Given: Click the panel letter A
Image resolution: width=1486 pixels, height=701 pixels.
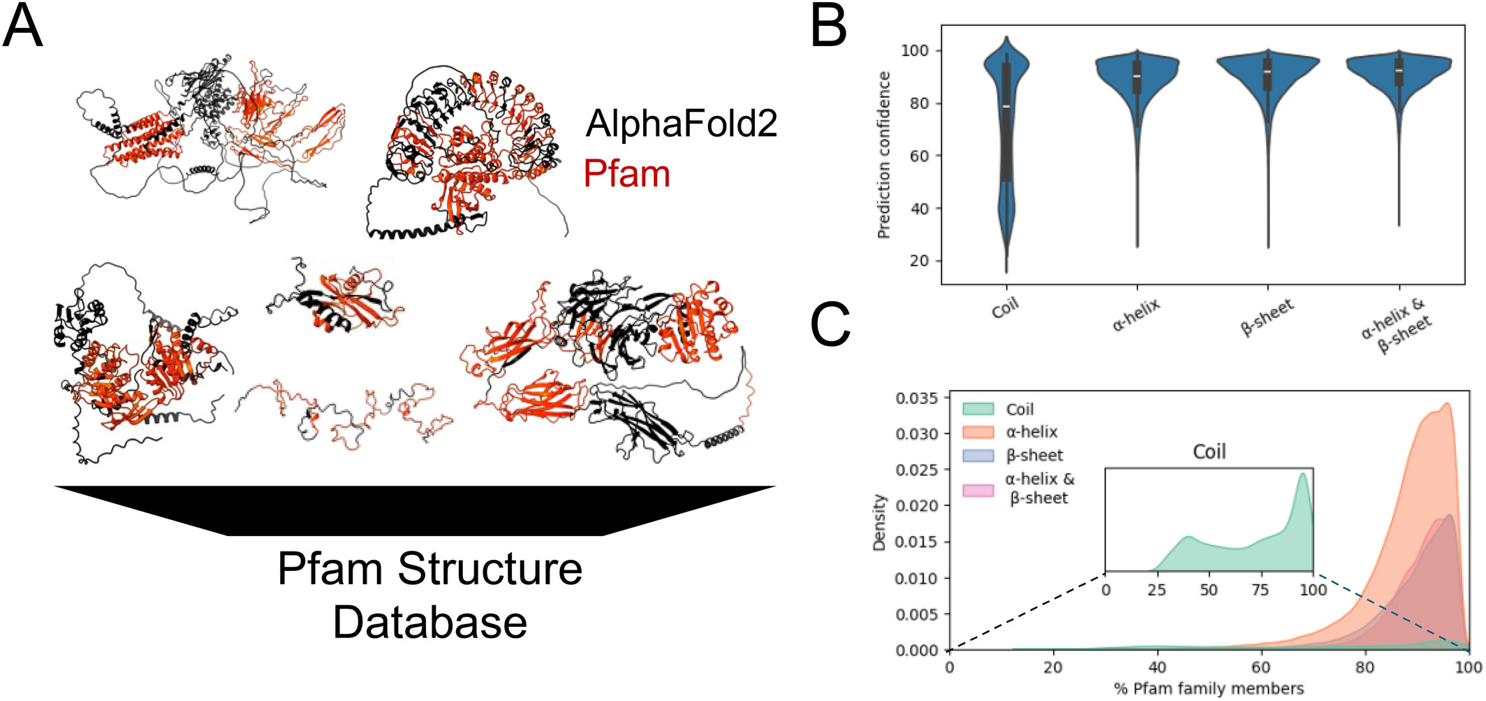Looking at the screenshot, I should click(22, 27).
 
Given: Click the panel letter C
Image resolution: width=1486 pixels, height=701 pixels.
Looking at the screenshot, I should click(830, 324).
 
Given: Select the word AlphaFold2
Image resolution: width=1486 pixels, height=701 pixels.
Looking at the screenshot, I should click(681, 124).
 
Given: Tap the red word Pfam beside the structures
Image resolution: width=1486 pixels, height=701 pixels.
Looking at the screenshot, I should click(626, 173).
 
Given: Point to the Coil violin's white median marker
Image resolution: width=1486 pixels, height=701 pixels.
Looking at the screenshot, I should click(1006, 106).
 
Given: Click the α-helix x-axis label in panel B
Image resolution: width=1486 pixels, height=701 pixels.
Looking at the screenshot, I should click(1136, 314).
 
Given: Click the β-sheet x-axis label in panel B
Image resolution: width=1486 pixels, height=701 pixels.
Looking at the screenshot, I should click(1267, 317).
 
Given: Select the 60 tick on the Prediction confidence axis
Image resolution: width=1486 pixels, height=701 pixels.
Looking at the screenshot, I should click(920, 156).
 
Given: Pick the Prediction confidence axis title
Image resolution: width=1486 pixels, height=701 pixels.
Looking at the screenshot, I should click(884, 155).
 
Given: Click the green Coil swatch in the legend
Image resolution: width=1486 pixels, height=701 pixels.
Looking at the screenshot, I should click(978, 409).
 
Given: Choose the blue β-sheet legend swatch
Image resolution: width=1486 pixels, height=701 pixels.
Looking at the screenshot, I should click(978, 456).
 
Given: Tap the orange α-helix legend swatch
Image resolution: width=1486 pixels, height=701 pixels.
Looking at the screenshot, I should click(978, 432).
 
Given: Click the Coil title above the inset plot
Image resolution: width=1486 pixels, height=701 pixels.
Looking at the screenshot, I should click(1209, 451).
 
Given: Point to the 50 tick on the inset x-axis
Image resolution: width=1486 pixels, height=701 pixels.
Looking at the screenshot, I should click(1209, 590).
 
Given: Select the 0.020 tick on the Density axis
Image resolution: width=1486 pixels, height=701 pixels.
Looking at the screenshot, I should click(916, 505).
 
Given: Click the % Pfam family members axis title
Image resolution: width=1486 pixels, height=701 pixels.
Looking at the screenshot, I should click(1209, 688).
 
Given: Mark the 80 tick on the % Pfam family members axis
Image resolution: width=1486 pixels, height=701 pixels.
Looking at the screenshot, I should click(1364, 667).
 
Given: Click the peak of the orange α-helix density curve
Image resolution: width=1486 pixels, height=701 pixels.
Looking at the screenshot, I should click(1446, 403).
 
